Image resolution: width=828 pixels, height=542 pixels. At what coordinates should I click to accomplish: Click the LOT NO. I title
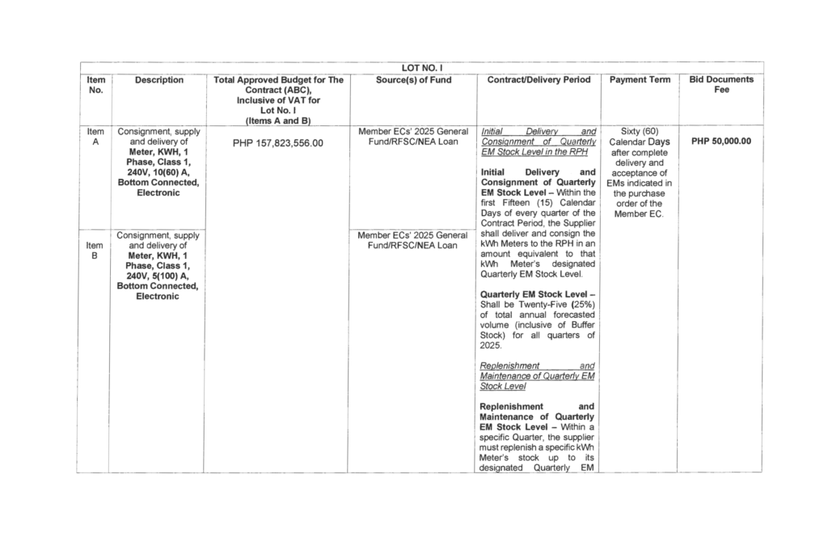420,68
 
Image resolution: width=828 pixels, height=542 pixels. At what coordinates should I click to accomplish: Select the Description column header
159,80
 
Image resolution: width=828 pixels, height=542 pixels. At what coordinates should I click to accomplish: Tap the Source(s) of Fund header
413,80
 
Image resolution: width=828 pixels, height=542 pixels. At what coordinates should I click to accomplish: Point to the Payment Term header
639,80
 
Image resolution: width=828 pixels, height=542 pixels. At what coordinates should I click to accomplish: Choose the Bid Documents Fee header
720,85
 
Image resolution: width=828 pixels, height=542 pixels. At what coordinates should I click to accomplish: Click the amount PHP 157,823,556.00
277,143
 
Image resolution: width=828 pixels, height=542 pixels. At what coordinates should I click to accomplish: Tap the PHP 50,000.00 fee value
720,141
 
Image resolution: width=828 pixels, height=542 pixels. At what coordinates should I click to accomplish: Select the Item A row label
95,136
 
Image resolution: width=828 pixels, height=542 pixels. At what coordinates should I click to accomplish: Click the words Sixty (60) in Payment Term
638,130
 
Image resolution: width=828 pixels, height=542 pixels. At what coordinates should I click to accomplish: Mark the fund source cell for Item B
413,240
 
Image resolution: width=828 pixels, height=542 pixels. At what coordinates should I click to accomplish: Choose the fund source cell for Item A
413,136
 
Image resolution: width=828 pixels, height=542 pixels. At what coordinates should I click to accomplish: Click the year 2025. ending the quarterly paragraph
491,345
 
